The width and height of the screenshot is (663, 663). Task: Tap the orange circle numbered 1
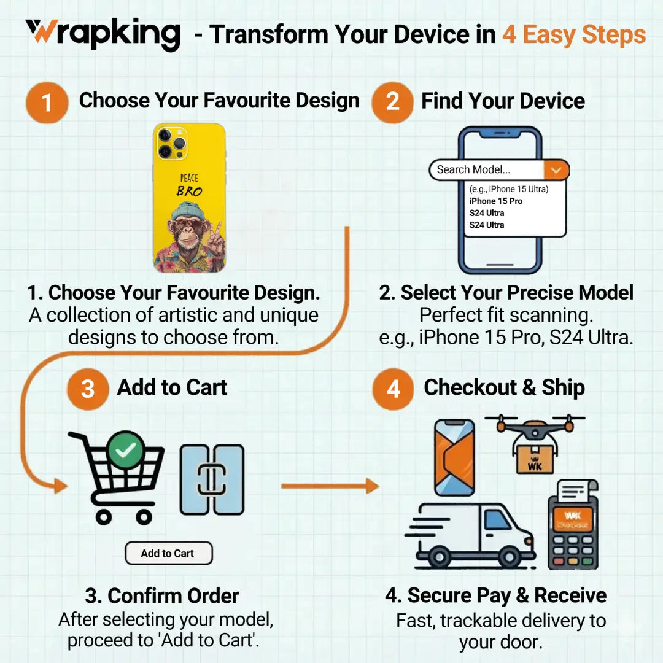(x=47, y=103)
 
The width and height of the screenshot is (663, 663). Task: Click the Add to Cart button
(x=168, y=553)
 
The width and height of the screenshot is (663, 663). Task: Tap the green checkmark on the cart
(x=126, y=451)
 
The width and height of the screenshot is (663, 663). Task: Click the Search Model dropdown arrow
(x=556, y=170)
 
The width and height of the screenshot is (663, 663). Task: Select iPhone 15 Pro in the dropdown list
(x=496, y=201)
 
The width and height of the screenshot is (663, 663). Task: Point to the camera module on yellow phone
(x=171, y=143)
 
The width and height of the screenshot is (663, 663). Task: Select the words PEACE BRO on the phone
(x=189, y=185)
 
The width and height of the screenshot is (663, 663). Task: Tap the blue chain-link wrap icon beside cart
(x=212, y=480)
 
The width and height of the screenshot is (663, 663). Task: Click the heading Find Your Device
(x=503, y=101)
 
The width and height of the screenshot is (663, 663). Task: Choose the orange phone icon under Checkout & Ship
(x=454, y=457)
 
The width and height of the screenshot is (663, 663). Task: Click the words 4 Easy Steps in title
(x=574, y=34)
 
